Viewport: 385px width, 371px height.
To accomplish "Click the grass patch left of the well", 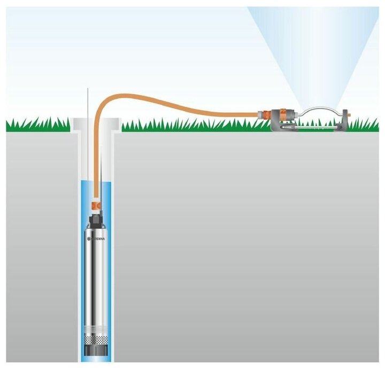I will (x=37, y=126).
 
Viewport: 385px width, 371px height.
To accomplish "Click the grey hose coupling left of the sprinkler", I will (x=264, y=114).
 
